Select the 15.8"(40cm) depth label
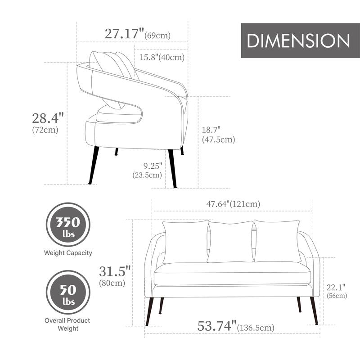[x=161, y=57]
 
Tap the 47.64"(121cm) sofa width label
[x=233, y=204]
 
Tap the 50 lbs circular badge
[x=68, y=292]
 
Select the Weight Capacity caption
[x=68, y=253]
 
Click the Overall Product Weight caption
[x=67, y=324]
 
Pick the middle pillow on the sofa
[x=230, y=242]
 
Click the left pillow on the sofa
[x=185, y=242]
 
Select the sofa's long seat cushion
[x=233, y=274]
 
